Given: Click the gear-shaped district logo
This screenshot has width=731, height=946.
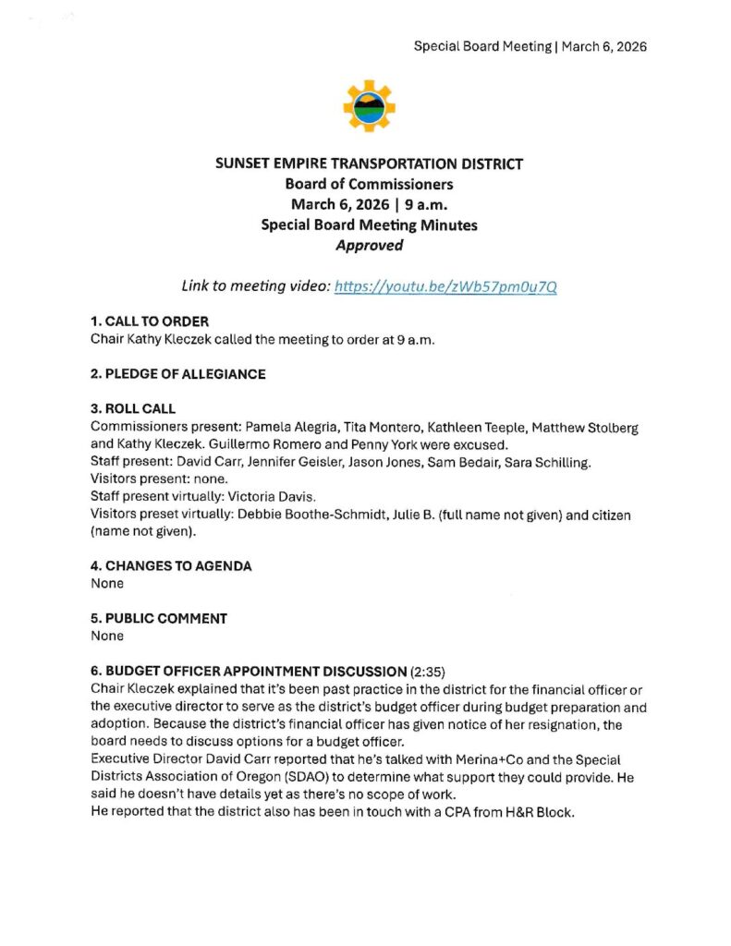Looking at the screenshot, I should point(369,106).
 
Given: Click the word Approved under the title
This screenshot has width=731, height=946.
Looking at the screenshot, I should point(369,245).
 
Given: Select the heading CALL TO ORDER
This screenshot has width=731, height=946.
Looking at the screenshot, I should point(150,321).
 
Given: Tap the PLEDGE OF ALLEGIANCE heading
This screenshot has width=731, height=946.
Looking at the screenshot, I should point(177,374).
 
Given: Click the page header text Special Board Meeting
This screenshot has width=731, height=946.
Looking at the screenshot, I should point(481,46).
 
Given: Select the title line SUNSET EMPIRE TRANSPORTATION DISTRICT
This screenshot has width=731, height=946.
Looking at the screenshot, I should point(369,164).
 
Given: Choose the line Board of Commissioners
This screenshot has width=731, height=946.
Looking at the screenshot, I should point(369,184).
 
